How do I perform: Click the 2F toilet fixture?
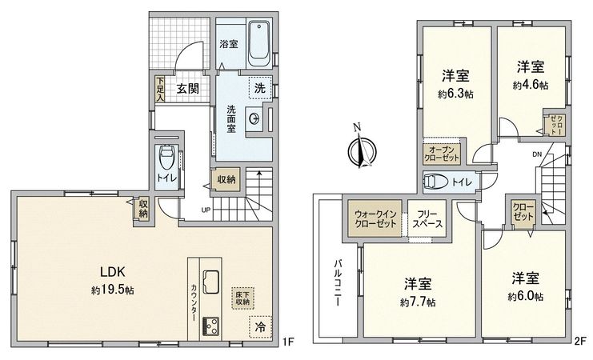[x=435, y=181]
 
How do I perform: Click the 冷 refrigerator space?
[x=259, y=326]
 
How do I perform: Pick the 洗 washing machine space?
[x=259, y=88]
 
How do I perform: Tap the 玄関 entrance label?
[x=188, y=88]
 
